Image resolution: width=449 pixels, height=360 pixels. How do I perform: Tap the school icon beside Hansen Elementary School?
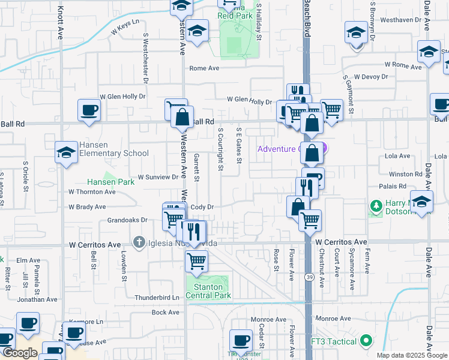[x=66, y=153]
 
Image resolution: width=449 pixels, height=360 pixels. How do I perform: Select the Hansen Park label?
[x=110, y=181]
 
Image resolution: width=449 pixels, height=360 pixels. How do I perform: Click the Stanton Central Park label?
[x=207, y=291]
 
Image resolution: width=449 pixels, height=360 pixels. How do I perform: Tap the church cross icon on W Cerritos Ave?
[x=139, y=243]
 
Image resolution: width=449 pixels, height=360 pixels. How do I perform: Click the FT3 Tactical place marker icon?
[x=366, y=341]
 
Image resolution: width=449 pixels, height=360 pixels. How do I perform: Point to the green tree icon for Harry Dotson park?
[x=376, y=206]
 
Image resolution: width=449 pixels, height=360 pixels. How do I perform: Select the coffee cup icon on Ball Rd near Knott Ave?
[x=89, y=110]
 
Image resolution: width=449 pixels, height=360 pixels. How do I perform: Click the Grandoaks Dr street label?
[x=127, y=220]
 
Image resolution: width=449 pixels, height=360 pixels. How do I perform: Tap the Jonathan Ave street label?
[x=38, y=299]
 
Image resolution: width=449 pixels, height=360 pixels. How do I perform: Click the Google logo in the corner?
[x=20, y=353]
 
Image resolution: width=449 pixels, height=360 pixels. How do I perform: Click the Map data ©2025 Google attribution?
[x=411, y=355]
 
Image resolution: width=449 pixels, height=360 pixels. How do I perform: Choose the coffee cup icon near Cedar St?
[x=241, y=340]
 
